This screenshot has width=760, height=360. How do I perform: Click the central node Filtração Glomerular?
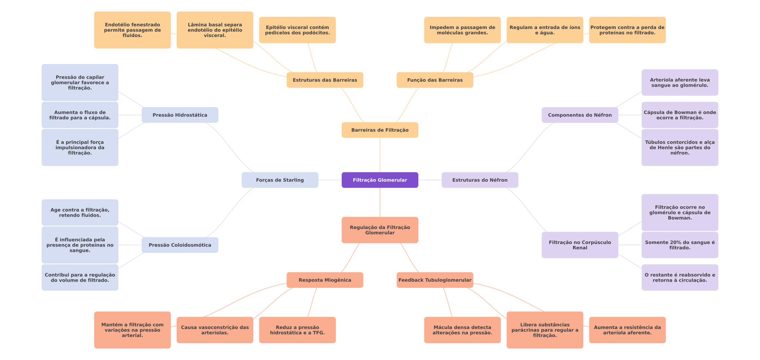[380, 180]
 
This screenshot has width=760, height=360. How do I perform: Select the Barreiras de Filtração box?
[380, 130]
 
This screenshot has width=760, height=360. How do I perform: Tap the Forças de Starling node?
[280, 180]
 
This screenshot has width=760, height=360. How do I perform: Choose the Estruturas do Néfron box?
[480, 180]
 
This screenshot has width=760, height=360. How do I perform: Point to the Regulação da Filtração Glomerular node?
[380, 230]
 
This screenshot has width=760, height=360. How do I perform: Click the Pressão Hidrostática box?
[180, 115]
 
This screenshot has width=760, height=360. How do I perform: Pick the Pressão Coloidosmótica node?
[180, 245]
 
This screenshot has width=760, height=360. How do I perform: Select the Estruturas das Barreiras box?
[325, 80]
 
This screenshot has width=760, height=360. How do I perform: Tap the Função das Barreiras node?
[435, 80]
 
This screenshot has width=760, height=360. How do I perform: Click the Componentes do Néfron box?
[580, 115]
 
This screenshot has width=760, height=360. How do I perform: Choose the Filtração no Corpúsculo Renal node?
[580, 245]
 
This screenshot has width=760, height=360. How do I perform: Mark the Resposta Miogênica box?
[325, 280]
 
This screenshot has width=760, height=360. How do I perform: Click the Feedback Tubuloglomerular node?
[435, 280]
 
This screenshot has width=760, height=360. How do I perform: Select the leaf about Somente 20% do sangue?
[680, 245]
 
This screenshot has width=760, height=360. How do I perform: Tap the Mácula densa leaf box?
[462, 330]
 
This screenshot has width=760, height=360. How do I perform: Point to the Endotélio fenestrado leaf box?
[132, 30]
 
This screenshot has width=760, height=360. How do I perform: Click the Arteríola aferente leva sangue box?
[680, 83]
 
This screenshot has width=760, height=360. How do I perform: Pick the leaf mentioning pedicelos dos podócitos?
[297, 30]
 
